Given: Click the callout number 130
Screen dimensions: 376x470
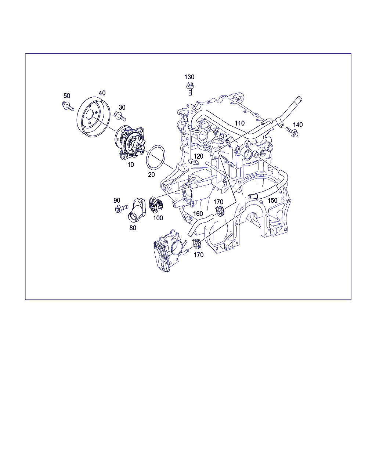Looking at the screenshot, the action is pos(189,77).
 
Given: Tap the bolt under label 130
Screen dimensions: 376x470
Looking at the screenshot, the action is pos(190,88).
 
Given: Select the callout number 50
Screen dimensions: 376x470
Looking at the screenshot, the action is pos(67,96).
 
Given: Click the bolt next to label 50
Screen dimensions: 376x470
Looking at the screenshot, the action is pos(68,106).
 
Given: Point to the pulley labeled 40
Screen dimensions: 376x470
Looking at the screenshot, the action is pos(94,117).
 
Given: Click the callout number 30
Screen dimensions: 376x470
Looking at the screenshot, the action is pos(122,107).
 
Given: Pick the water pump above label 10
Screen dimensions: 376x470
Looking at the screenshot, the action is pos(130,142).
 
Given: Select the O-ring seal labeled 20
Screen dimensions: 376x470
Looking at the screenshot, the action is pos(156,157).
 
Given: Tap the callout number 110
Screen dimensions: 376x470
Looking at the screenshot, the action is pos(239,123).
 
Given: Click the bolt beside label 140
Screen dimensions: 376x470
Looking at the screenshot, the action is pos(292,132).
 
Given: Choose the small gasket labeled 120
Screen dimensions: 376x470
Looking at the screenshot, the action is pos(193,162).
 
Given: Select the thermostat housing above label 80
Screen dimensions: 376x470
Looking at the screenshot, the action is pos(137,210).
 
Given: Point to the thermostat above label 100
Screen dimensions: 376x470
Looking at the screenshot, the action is pos(155,205).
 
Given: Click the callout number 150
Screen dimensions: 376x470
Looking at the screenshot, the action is pos(272,200).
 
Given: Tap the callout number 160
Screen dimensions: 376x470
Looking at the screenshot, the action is pos(198,213).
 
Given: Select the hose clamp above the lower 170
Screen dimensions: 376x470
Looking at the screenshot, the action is pos(196,243).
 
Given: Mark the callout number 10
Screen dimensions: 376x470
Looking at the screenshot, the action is pos(131,164).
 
